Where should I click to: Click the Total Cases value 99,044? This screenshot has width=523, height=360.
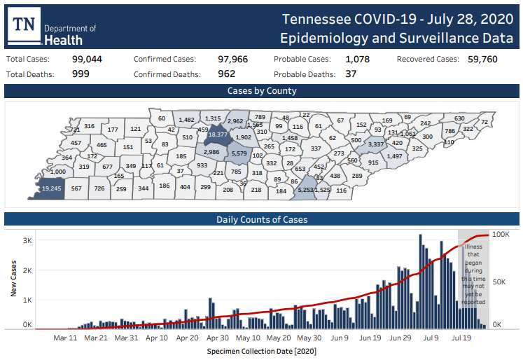click(x=87, y=60)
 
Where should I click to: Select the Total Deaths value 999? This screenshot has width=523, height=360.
click(x=81, y=74)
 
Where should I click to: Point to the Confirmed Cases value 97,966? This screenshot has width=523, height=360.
click(x=232, y=60)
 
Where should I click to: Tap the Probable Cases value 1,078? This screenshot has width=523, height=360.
click(x=357, y=60)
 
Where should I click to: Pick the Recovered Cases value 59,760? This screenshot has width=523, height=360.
click(x=478, y=60)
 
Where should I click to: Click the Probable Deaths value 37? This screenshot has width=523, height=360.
click(x=351, y=74)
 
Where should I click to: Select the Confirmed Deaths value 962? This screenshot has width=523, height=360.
click(x=226, y=74)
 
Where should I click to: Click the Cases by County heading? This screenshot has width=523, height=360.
click(x=262, y=91)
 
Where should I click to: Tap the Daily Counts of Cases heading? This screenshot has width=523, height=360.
click(x=262, y=219)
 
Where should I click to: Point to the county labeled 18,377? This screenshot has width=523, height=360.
click(x=218, y=134)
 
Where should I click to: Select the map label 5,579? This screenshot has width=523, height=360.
click(x=239, y=153)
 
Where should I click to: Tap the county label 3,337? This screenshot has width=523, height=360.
click(x=377, y=144)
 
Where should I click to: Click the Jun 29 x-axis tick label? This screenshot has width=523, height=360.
click(x=400, y=338)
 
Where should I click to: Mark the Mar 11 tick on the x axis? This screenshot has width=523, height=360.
click(x=64, y=338)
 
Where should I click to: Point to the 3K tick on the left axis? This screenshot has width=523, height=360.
click(x=27, y=240)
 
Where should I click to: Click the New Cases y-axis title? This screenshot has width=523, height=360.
click(x=13, y=278)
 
